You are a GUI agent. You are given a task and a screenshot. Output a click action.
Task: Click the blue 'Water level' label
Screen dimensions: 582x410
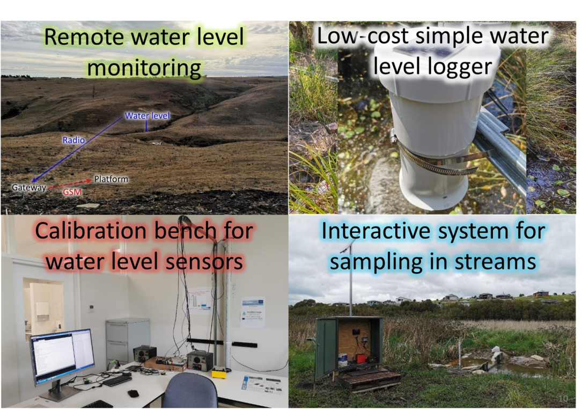click(x=147, y=115)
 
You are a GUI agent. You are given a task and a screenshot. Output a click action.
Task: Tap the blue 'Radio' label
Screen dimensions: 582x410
click(x=73, y=140)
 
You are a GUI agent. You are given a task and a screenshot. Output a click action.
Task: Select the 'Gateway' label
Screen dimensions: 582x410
click(x=28, y=187)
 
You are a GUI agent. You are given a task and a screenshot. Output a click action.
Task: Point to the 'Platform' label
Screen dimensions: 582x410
click(x=111, y=179)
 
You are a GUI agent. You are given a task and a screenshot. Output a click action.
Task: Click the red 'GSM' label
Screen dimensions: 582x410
click(x=72, y=192)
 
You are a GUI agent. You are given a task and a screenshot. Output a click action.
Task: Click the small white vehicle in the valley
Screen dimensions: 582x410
click(x=157, y=143)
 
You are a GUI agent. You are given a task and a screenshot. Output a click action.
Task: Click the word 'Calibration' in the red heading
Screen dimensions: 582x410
click(x=91, y=231)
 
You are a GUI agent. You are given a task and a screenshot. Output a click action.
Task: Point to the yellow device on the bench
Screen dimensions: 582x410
click(x=219, y=372)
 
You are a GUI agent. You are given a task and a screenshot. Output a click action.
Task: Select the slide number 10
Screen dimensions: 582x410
click(x=563, y=399)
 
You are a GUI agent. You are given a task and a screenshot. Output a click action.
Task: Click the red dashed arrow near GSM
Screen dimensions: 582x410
click(x=70, y=184)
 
